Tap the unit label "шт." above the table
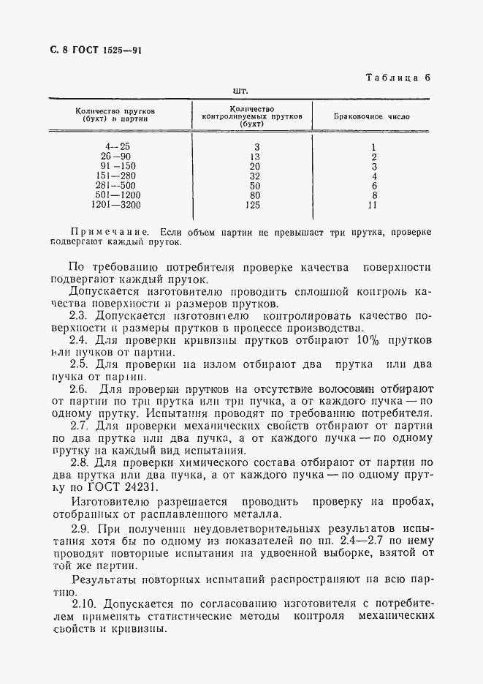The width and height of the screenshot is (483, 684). pyautogui.click(x=240, y=91)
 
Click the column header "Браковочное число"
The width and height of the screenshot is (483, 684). pyautogui.click(x=371, y=116)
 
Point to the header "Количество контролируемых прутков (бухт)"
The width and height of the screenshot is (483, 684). pyautogui.click(x=251, y=116)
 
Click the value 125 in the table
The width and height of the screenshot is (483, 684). pyautogui.click(x=254, y=206)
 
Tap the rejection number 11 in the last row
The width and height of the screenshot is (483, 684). pyautogui.click(x=373, y=206)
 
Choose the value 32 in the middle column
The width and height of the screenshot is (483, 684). pyautogui.click(x=254, y=176)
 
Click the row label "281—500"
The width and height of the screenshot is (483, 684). pyautogui.click(x=119, y=186)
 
